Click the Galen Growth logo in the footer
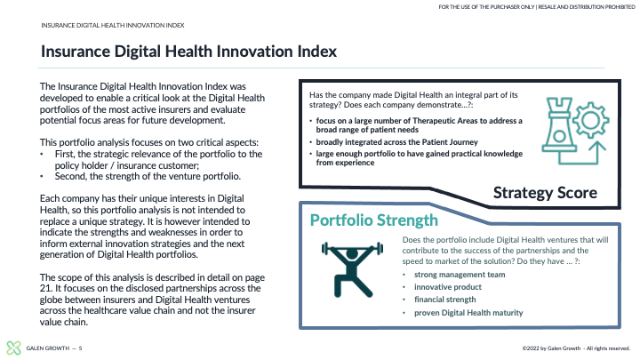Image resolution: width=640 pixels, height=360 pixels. [x=13, y=348]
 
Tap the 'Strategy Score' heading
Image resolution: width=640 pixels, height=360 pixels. [x=545, y=193]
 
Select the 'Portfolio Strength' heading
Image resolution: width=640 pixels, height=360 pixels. [x=374, y=220]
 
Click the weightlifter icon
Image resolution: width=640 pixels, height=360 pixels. [x=352, y=269]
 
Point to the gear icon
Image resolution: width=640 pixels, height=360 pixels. [x=590, y=120]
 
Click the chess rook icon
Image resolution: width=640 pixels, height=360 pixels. [x=559, y=124]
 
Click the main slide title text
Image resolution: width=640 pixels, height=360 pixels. [x=188, y=52]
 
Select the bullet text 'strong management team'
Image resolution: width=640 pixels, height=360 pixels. [x=460, y=275]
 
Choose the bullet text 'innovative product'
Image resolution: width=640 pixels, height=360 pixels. [x=448, y=287]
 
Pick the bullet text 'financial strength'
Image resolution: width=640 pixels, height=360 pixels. [x=445, y=300]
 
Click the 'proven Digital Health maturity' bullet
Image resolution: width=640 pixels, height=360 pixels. [x=468, y=313]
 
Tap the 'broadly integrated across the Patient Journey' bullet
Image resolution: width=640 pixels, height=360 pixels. [x=396, y=142]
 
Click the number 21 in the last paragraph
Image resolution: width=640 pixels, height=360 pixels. [x=45, y=288]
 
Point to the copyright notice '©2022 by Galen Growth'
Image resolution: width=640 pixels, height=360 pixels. [x=551, y=348]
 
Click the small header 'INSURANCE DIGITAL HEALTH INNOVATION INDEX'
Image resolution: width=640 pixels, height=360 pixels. [x=113, y=25]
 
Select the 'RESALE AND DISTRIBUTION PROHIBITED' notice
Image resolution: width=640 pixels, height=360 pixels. [x=587, y=7]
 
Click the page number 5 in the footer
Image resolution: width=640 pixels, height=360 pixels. [x=80, y=348]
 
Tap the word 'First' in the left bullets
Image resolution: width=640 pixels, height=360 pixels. [x=65, y=154]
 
